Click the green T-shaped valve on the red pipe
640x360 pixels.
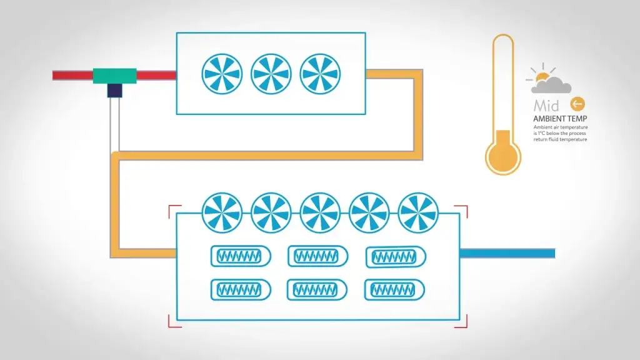tap(114, 76)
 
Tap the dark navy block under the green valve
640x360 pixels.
tap(114, 90)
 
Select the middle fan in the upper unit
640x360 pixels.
tap(271, 74)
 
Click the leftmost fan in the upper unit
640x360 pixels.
tap(222, 74)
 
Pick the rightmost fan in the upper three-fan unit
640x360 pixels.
tap(320, 74)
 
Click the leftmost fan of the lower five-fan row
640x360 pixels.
tap(222, 212)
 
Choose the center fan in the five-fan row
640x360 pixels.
tap(320, 212)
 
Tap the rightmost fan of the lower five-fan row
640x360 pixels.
tap(418, 212)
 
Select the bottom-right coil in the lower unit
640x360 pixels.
tap(394, 289)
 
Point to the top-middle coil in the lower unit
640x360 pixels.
tap(317, 256)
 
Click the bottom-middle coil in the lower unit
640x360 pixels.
tap(317, 289)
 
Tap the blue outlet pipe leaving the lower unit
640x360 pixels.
tap(507, 253)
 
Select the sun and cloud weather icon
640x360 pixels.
tap(549, 81)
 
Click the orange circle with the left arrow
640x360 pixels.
tap(577, 104)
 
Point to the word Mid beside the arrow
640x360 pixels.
tap(547, 104)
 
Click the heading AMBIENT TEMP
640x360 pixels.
tap(560, 119)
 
